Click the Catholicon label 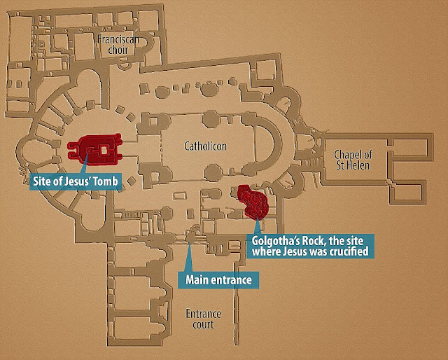point(205,146)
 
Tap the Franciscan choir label point(118,45)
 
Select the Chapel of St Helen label point(353,160)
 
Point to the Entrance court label point(203,319)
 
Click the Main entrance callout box point(218,279)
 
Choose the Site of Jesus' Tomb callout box point(76,181)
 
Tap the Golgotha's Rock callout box point(310,247)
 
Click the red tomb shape point(95,149)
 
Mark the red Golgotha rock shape point(253,202)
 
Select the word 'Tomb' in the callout point(107,181)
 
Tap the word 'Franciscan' point(118,39)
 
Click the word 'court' point(203,325)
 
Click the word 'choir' point(118,50)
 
